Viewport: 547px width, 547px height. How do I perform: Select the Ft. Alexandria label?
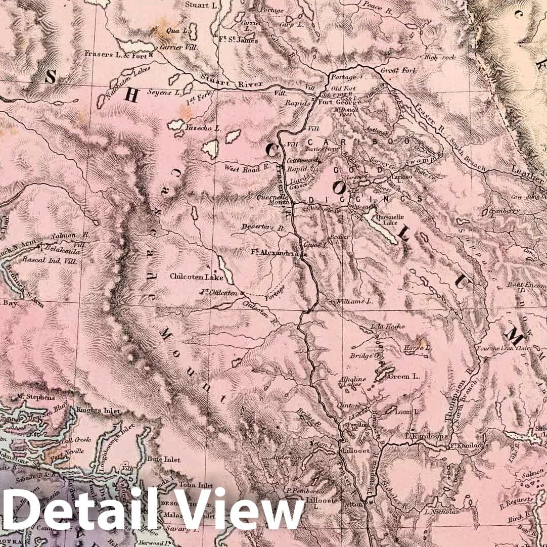pos(272,251)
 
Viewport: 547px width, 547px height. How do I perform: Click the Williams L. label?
pos(350,301)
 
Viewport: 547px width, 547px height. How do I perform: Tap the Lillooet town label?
pos(356,449)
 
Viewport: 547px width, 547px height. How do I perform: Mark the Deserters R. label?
pos(264,227)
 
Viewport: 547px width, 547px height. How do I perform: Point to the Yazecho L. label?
pos(203,128)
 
